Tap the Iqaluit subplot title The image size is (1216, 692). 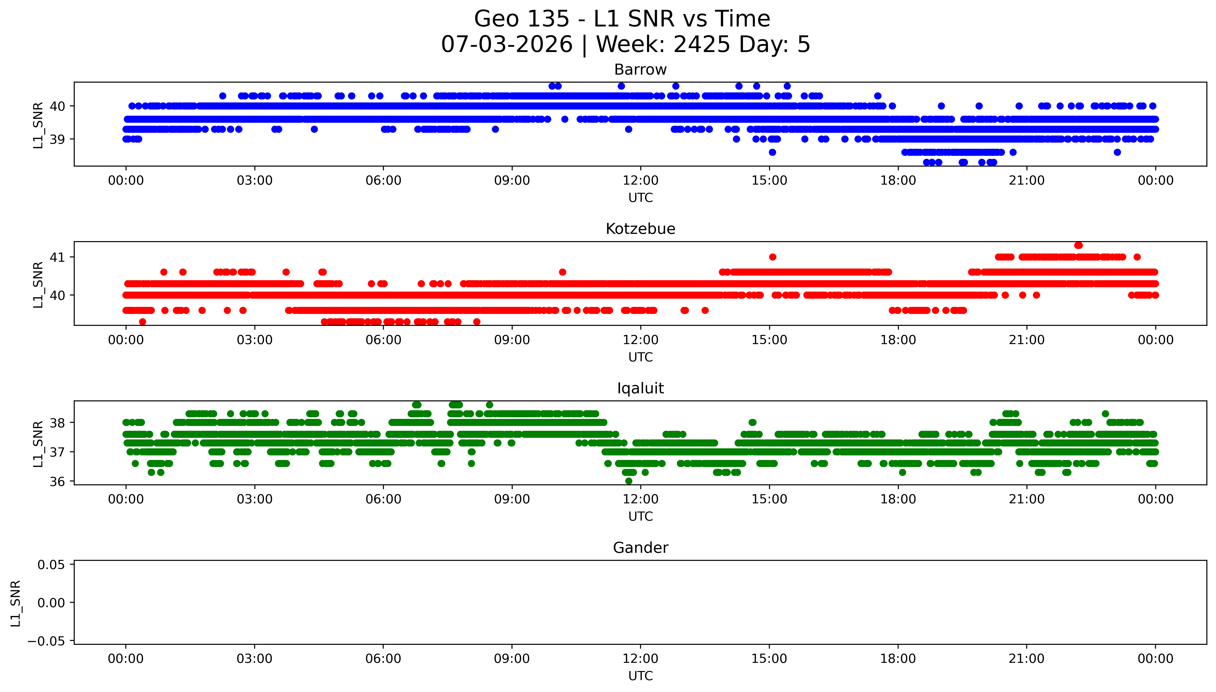[x=640, y=388]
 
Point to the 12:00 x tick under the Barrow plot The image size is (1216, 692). [x=641, y=181]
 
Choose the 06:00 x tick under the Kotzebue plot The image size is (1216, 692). [x=383, y=340]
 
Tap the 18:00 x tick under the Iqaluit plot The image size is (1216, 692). [x=898, y=499]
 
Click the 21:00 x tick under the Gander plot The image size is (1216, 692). [x=1027, y=659]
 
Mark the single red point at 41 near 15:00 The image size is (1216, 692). [x=772, y=257]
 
